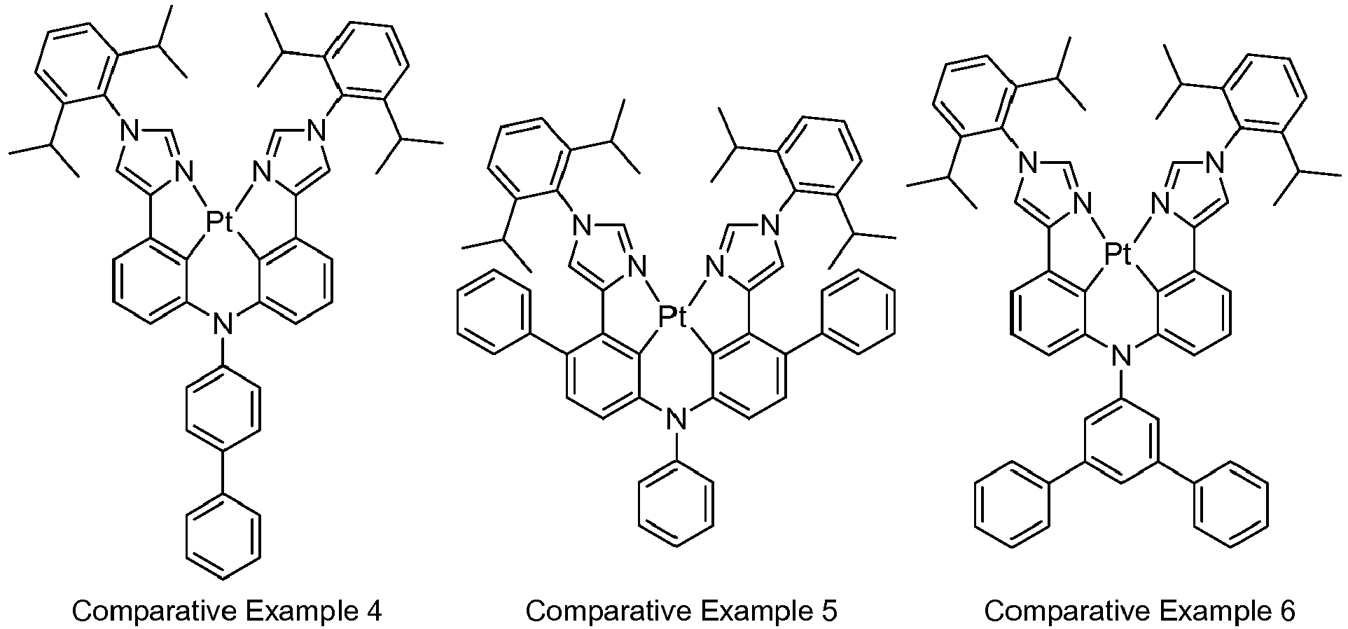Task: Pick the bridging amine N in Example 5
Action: click(675, 420)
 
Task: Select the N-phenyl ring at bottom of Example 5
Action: click(676, 503)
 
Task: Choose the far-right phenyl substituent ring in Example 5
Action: click(857, 312)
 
